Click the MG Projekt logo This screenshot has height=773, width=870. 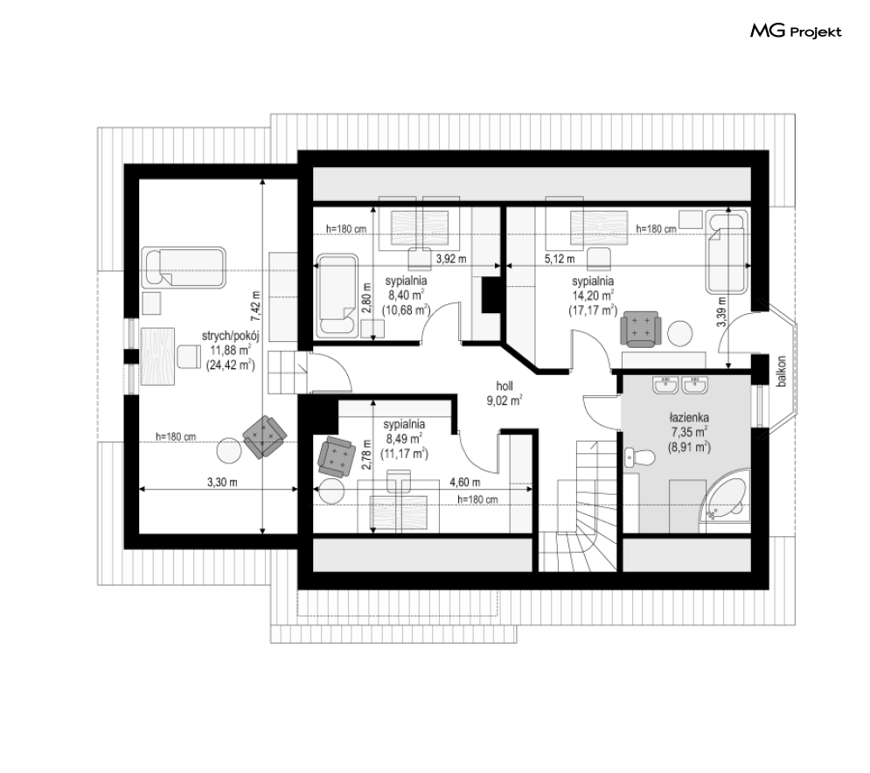pyautogui.click(x=796, y=31)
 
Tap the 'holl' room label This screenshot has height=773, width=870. pyautogui.click(x=505, y=386)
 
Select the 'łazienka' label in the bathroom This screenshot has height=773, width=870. pyautogui.click(x=688, y=417)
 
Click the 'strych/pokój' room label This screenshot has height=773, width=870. pyautogui.click(x=230, y=336)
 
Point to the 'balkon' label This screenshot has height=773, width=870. pyautogui.click(x=782, y=371)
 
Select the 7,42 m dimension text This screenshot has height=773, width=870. pyautogui.click(x=254, y=307)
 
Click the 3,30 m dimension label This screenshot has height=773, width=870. pyautogui.click(x=222, y=482)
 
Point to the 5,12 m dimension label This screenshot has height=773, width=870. pyautogui.click(x=560, y=259)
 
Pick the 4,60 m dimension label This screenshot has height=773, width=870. pyautogui.click(x=465, y=482)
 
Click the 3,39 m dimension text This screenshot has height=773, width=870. pyautogui.click(x=720, y=312)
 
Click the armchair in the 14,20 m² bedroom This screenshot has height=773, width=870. pyautogui.click(x=640, y=329)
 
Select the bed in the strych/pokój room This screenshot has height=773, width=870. pyautogui.click(x=184, y=268)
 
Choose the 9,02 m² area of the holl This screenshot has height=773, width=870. pyautogui.click(x=505, y=400)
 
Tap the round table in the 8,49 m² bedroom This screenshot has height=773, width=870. pyautogui.click(x=331, y=491)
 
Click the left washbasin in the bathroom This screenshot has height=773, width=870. pyautogui.click(x=665, y=385)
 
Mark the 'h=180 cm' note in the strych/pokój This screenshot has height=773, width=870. pyautogui.click(x=176, y=436)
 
